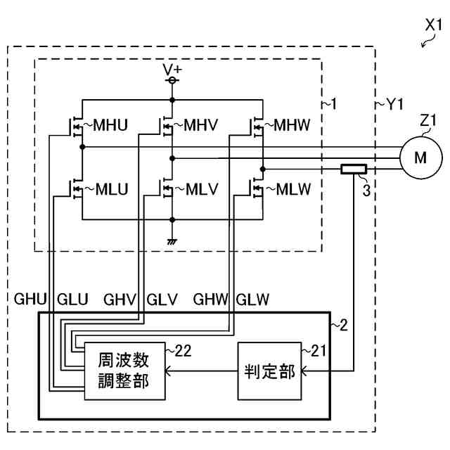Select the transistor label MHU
[110, 125]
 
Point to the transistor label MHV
[200, 125]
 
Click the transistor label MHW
[292, 125]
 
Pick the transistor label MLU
[112, 189]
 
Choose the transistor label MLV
[202, 189]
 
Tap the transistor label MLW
[293, 189]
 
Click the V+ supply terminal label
[172, 70]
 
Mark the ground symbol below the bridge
[172, 242]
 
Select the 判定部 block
[269, 371]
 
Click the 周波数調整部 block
[125, 371]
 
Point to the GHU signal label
[30, 300]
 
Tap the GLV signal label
[162, 300]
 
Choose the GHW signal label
[211, 300]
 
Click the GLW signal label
[252, 300]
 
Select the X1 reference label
[434, 25]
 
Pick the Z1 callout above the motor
[428, 120]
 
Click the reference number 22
[183, 351]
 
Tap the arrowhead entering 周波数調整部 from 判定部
[167, 371]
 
